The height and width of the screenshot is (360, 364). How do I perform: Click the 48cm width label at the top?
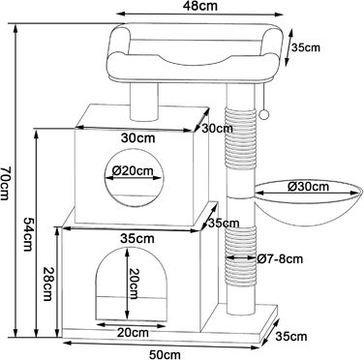[x=199, y=6]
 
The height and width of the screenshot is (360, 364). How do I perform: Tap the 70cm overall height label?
[x=6, y=183]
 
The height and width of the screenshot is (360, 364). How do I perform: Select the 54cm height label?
[x=29, y=233]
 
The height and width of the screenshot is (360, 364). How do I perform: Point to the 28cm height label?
[x=47, y=284]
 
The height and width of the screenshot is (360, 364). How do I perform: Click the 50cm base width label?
[x=164, y=354]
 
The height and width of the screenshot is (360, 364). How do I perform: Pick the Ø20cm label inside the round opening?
[x=133, y=170]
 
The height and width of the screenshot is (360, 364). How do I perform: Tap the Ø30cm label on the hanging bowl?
[x=308, y=187]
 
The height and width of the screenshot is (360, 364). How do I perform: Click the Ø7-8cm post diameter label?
[x=280, y=258]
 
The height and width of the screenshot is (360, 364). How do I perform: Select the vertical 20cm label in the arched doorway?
[x=134, y=284]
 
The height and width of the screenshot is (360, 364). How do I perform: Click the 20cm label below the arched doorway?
[x=133, y=333]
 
